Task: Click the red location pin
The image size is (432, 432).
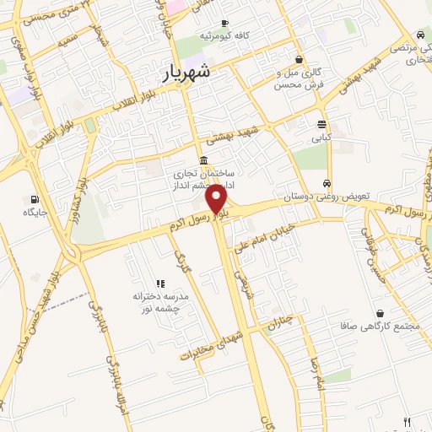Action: point(217,198)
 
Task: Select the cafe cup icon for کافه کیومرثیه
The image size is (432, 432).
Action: point(224,24)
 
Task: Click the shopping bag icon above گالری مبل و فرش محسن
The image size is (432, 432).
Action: point(300,59)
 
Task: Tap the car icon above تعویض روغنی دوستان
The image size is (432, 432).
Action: point(327,183)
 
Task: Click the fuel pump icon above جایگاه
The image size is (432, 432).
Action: point(33,200)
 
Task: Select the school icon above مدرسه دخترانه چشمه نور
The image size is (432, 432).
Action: point(159,283)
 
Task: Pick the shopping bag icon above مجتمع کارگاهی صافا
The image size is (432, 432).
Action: point(381,312)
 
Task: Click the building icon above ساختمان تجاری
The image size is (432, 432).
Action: point(202,160)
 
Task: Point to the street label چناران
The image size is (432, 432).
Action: point(280,321)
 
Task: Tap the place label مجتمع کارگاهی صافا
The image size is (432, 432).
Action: point(379,326)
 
